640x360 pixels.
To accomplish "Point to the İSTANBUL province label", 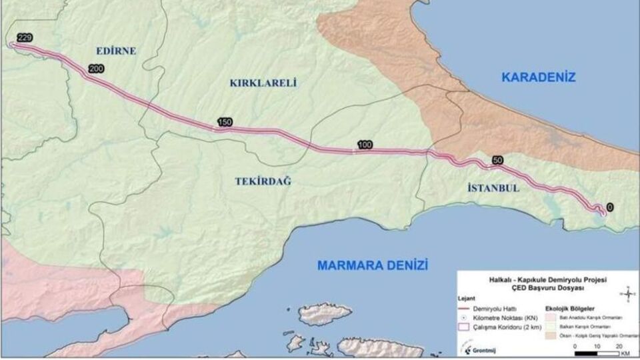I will pos(490,189).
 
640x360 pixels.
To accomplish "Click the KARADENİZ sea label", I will pos(538,77).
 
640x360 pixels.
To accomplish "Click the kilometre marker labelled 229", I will pos(24,39).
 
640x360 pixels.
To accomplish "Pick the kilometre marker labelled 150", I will pos(224,122).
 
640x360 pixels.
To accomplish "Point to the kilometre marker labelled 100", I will pos(365,145).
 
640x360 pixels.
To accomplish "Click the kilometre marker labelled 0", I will pos(610,207).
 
